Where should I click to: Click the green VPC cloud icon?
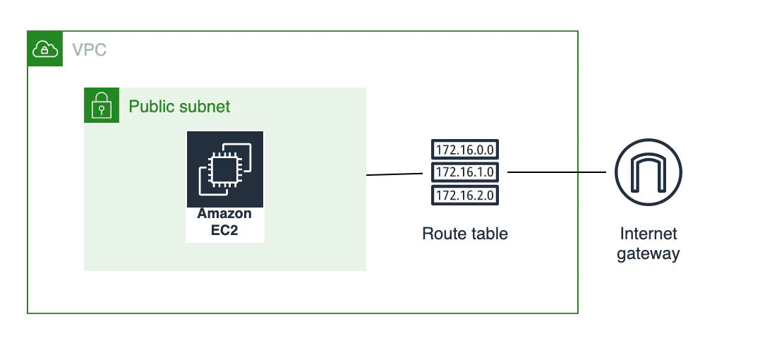coord(45,49)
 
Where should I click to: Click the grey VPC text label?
coord(89,49)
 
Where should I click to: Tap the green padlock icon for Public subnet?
coord(102,105)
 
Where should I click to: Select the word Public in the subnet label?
coord(150,106)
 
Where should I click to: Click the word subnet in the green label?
coord(203,106)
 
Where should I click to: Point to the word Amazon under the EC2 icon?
coord(224,214)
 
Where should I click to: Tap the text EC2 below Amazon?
coord(224,230)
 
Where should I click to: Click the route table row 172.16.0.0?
coord(465,150)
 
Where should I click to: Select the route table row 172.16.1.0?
coord(465,172)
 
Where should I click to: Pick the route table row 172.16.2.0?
coord(465,196)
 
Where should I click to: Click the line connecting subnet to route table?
coord(394,174)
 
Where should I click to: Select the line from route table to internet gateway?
coord(557,172)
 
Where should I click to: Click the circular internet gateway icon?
coord(649,172)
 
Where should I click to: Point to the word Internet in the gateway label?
coord(649,234)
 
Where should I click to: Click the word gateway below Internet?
coord(649,253)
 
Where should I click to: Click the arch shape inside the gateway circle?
coord(649,174)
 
